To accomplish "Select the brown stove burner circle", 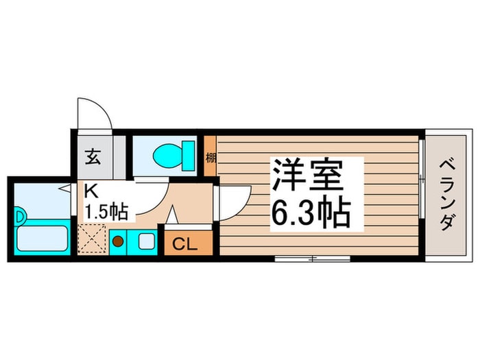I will (x=118, y=241).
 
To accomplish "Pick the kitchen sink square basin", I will (x=145, y=241).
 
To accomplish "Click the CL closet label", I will (x=181, y=243).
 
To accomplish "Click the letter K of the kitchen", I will (x=89, y=191).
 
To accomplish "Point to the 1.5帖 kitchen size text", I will (x=105, y=211).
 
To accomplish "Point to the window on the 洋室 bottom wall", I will (x=312, y=259).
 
